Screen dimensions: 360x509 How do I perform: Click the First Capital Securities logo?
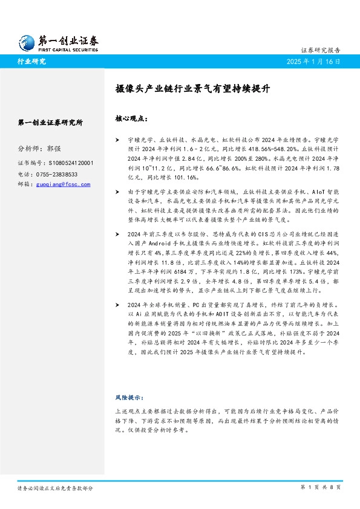(x=58, y=41)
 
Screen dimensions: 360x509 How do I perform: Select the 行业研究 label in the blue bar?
(x=32, y=61)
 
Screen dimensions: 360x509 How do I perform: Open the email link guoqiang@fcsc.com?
(x=62, y=184)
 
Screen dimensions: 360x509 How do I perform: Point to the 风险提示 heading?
(x=129, y=398)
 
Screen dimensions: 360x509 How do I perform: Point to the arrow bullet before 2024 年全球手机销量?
(x=117, y=305)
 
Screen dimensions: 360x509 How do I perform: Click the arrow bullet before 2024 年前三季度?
(x=117, y=233)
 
